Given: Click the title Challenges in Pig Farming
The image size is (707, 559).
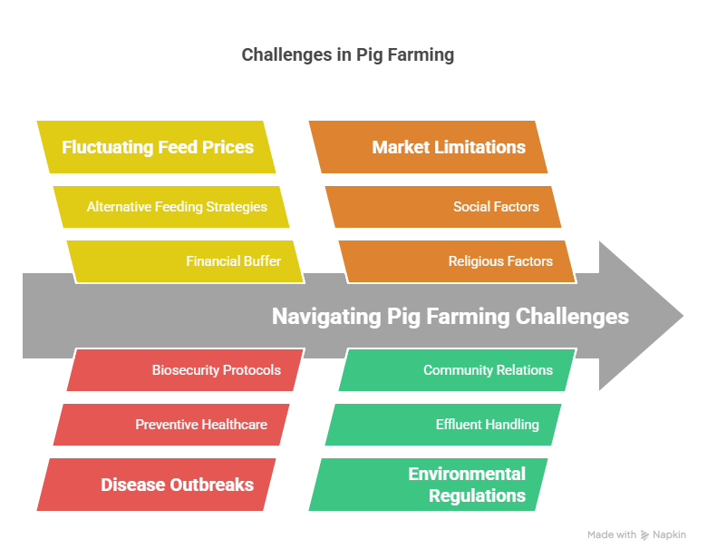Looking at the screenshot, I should click(x=347, y=55).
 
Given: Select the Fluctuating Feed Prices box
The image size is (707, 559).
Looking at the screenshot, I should click(x=157, y=147).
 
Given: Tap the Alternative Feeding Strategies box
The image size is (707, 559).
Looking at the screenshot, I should click(x=172, y=207).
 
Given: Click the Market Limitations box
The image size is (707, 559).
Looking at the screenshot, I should click(x=429, y=147).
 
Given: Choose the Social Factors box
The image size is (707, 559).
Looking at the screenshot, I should click(x=444, y=207).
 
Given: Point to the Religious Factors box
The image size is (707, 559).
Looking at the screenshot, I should click(x=458, y=261).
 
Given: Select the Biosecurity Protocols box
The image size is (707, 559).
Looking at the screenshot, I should click(x=186, y=370).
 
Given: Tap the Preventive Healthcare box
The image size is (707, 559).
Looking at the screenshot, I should click(x=172, y=425).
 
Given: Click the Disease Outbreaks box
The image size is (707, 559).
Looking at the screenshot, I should click(x=157, y=485).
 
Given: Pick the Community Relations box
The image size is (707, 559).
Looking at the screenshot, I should click(x=458, y=370).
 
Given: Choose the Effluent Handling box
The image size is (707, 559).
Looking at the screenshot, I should click(x=444, y=425).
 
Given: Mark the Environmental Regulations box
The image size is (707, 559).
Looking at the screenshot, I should click(x=429, y=485).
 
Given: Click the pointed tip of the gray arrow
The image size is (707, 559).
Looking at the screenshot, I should click(x=682, y=316).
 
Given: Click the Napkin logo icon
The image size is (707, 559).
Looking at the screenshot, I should click(x=644, y=535).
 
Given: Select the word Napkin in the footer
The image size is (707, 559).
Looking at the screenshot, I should click(x=669, y=535).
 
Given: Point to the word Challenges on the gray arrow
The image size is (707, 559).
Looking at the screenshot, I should click(x=572, y=316).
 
